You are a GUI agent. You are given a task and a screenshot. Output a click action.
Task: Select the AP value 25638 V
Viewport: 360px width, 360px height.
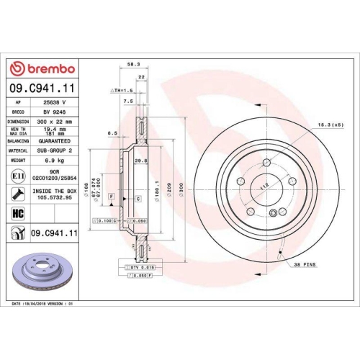coord(56,103)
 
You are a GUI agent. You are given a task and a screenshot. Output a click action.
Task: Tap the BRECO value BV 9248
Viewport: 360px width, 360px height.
coord(55,113)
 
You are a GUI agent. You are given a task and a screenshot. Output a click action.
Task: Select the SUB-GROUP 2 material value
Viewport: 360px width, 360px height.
coord(56,150)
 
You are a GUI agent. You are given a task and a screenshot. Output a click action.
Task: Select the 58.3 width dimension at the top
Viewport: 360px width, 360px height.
coord(133,65)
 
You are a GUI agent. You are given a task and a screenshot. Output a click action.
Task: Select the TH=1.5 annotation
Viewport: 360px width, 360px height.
coord(122,91)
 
